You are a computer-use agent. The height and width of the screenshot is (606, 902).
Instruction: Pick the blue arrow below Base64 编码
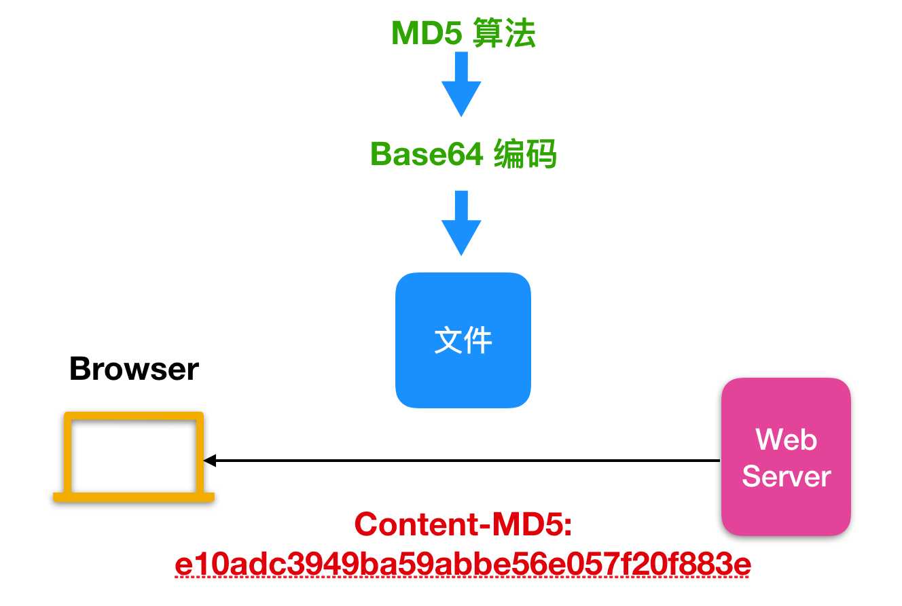pos(461,224)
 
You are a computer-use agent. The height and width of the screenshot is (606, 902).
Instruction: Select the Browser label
pos(134,369)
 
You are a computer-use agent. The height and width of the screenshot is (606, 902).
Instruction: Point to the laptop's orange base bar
pos(134,497)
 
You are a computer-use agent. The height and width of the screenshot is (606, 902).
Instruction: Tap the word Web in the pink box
pos(786,440)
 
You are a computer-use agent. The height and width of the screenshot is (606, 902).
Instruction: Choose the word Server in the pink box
pos(786,477)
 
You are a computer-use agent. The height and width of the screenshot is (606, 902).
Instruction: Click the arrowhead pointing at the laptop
pos(209,461)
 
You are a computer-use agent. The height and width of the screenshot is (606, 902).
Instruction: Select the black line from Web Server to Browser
pos(462,461)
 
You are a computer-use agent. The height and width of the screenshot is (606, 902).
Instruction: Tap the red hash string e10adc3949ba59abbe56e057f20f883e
pos(463,565)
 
